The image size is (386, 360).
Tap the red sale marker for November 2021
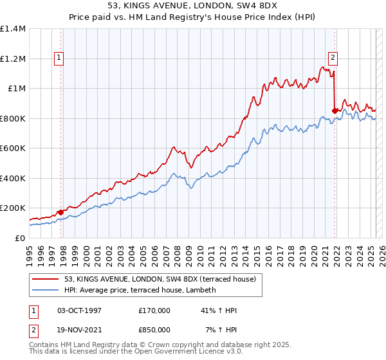pyautogui.click(x=335, y=111)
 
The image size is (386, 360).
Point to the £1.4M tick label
pyautogui.click(x=13, y=29)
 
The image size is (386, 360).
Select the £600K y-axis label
pyautogui.click(x=13, y=148)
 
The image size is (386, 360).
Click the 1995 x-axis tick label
pyautogui.click(x=30, y=253)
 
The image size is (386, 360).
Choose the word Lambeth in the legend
pyautogui.click(x=201, y=290)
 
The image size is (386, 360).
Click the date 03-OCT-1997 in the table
pyautogui.click(x=79, y=310)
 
